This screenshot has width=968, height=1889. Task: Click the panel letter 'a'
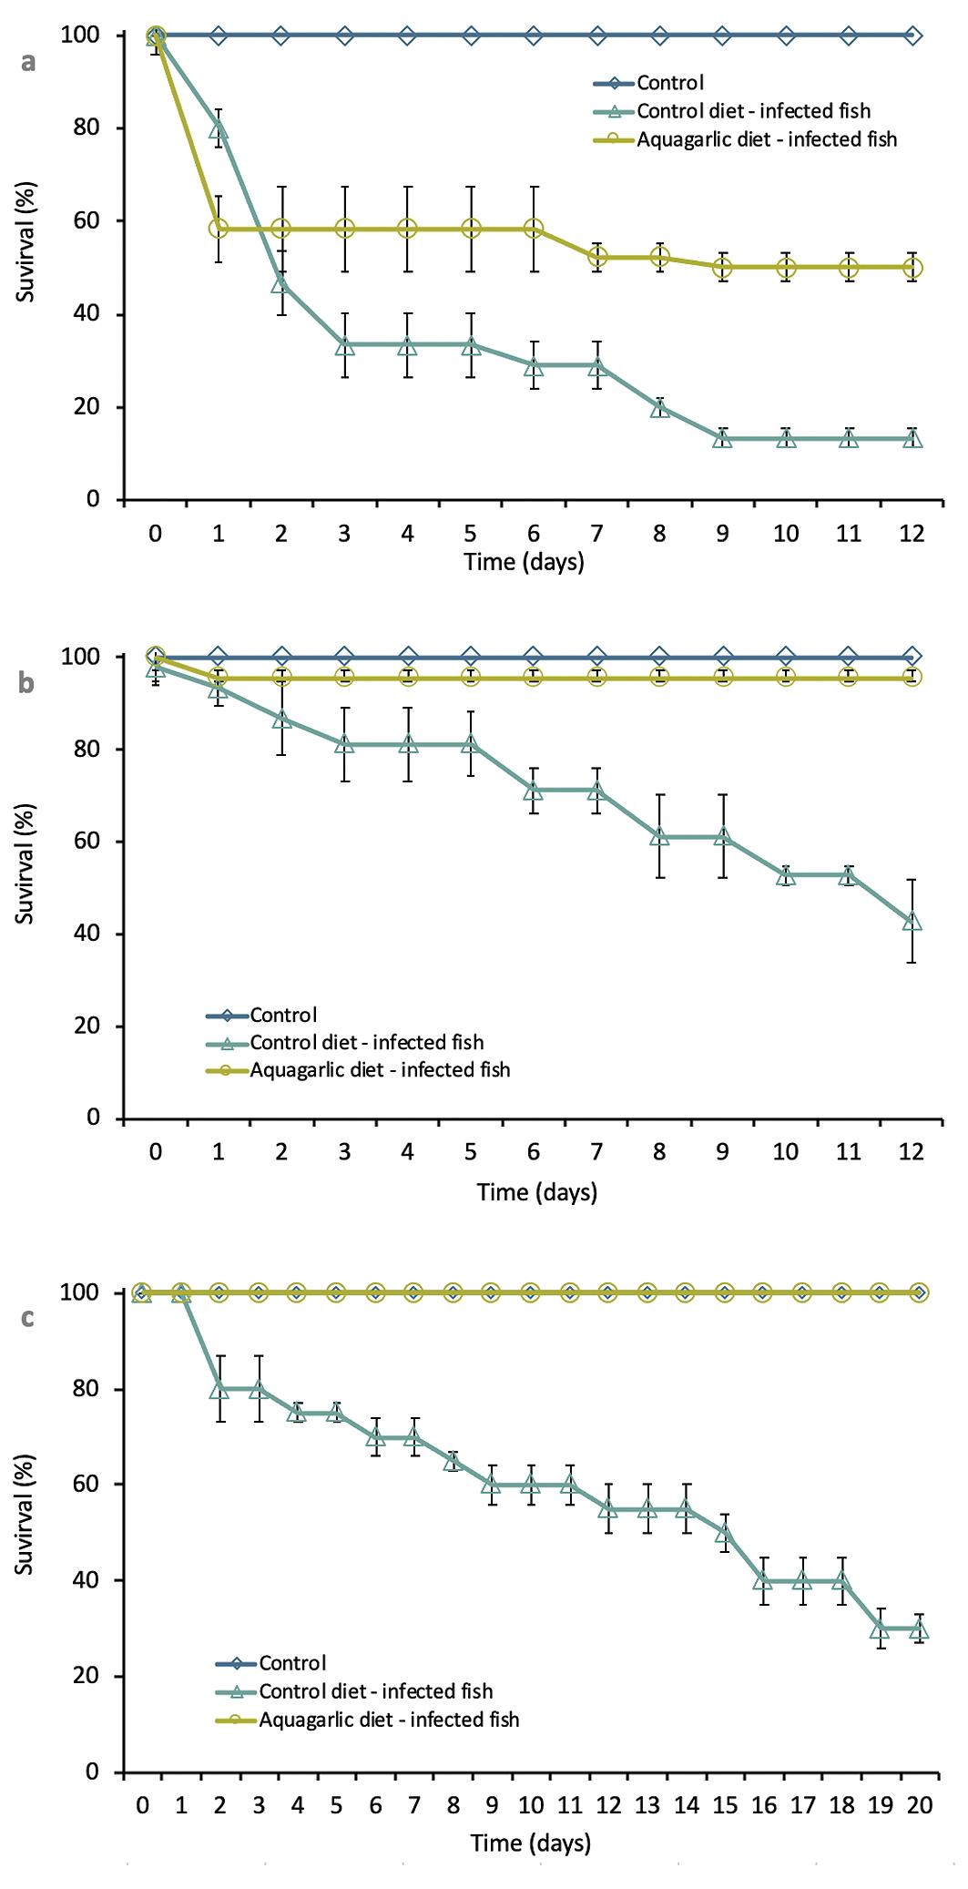pos(29,63)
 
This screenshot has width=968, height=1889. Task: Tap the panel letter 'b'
pos(28,684)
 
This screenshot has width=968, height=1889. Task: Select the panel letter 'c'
pos(28,1318)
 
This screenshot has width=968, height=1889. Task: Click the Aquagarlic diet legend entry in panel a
pos(766,139)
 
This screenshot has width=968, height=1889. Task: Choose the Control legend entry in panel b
pos(283,1015)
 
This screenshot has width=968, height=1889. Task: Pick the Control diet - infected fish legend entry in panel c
pos(375,1691)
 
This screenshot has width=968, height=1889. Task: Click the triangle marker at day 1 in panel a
pos(219,129)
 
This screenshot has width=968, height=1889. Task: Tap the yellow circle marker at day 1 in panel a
pos(219,228)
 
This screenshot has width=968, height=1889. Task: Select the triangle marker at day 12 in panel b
pos(912,922)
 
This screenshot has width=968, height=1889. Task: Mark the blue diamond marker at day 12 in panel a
pos(912,36)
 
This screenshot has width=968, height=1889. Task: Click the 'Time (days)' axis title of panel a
pos(524,561)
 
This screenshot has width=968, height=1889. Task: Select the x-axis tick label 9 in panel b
pos(722,1151)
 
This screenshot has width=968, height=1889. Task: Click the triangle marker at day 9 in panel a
pos(722,438)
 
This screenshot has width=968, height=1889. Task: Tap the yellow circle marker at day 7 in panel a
pos(596,257)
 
